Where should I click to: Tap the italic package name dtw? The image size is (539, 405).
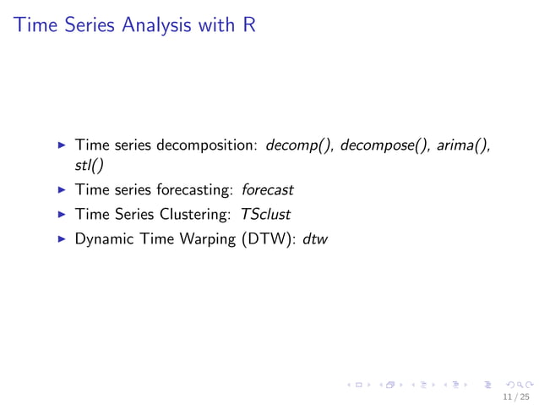coord(314,239)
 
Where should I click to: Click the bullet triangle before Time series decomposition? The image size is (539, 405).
coord(61,145)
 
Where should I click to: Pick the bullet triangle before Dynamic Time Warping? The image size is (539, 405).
coord(61,239)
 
